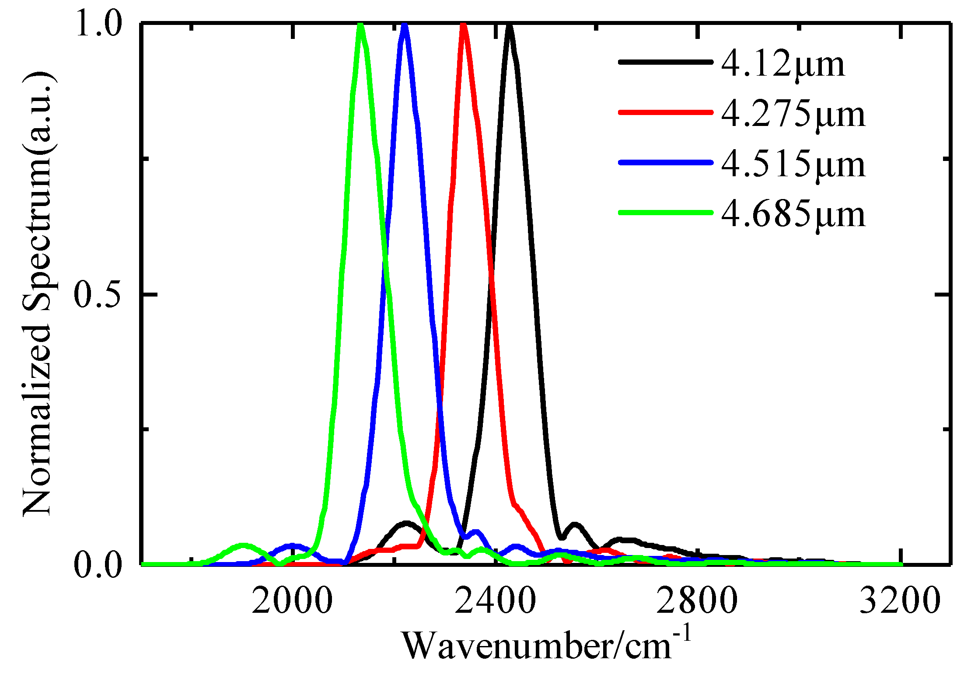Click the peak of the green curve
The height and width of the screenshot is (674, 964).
click(360, 25)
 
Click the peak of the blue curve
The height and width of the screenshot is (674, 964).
click(405, 25)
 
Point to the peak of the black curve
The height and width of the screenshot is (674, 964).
click(509, 26)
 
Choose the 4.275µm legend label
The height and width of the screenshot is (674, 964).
click(793, 115)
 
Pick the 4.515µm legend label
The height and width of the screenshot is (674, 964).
click(793, 164)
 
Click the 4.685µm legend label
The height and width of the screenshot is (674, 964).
click(793, 214)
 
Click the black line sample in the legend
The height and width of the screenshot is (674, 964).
click(665, 62)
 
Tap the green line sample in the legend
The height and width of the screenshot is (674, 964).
click(665, 213)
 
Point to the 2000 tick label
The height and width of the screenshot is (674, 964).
click(292, 601)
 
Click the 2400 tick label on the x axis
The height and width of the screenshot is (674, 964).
click(495, 601)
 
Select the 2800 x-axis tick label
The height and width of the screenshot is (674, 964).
click(697, 601)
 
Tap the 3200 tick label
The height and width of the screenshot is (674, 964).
click(900, 601)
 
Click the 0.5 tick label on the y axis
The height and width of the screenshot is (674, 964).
click(97, 294)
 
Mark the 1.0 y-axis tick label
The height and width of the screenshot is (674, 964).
click(97, 24)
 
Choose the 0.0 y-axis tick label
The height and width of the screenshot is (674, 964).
click(97, 565)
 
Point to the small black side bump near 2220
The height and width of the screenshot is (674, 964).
click(406, 523)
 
